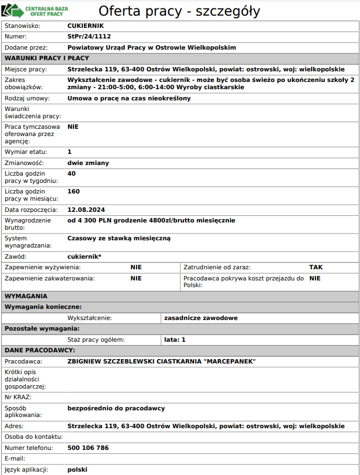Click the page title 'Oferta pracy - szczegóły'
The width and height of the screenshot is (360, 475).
click(x=179, y=11)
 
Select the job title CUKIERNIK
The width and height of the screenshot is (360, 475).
click(x=85, y=26)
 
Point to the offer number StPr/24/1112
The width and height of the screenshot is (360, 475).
click(x=89, y=36)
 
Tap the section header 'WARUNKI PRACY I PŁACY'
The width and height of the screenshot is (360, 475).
click(x=47, y=58)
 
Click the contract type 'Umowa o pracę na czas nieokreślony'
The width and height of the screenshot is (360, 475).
click(x=129, y=98)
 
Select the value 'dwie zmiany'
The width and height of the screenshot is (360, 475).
click(x=88, y=163)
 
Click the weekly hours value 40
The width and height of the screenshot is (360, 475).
click(x=71, y=173)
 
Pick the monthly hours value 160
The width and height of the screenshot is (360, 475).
click(x=74, y=191)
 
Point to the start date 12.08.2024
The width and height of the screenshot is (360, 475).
click(x=86, y=210)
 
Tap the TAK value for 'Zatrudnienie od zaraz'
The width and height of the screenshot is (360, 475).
click(x=316, y=267)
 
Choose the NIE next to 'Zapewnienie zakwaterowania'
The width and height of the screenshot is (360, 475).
click(x=136, y=278)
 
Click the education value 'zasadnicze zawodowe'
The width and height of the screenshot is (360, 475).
click(x=201, y=318)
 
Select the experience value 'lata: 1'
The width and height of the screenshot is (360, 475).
click(x=175, y=339)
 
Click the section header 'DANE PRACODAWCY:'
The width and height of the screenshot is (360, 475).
click(x=40, y=350)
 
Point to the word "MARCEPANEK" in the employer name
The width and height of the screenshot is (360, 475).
click(x=230, y=361)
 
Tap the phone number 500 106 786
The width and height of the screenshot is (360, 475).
click(x=88, y=448)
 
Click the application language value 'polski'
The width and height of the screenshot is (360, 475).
click(x=77, y=469)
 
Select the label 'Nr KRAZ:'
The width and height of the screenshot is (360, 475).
click(x=18, y=397)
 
